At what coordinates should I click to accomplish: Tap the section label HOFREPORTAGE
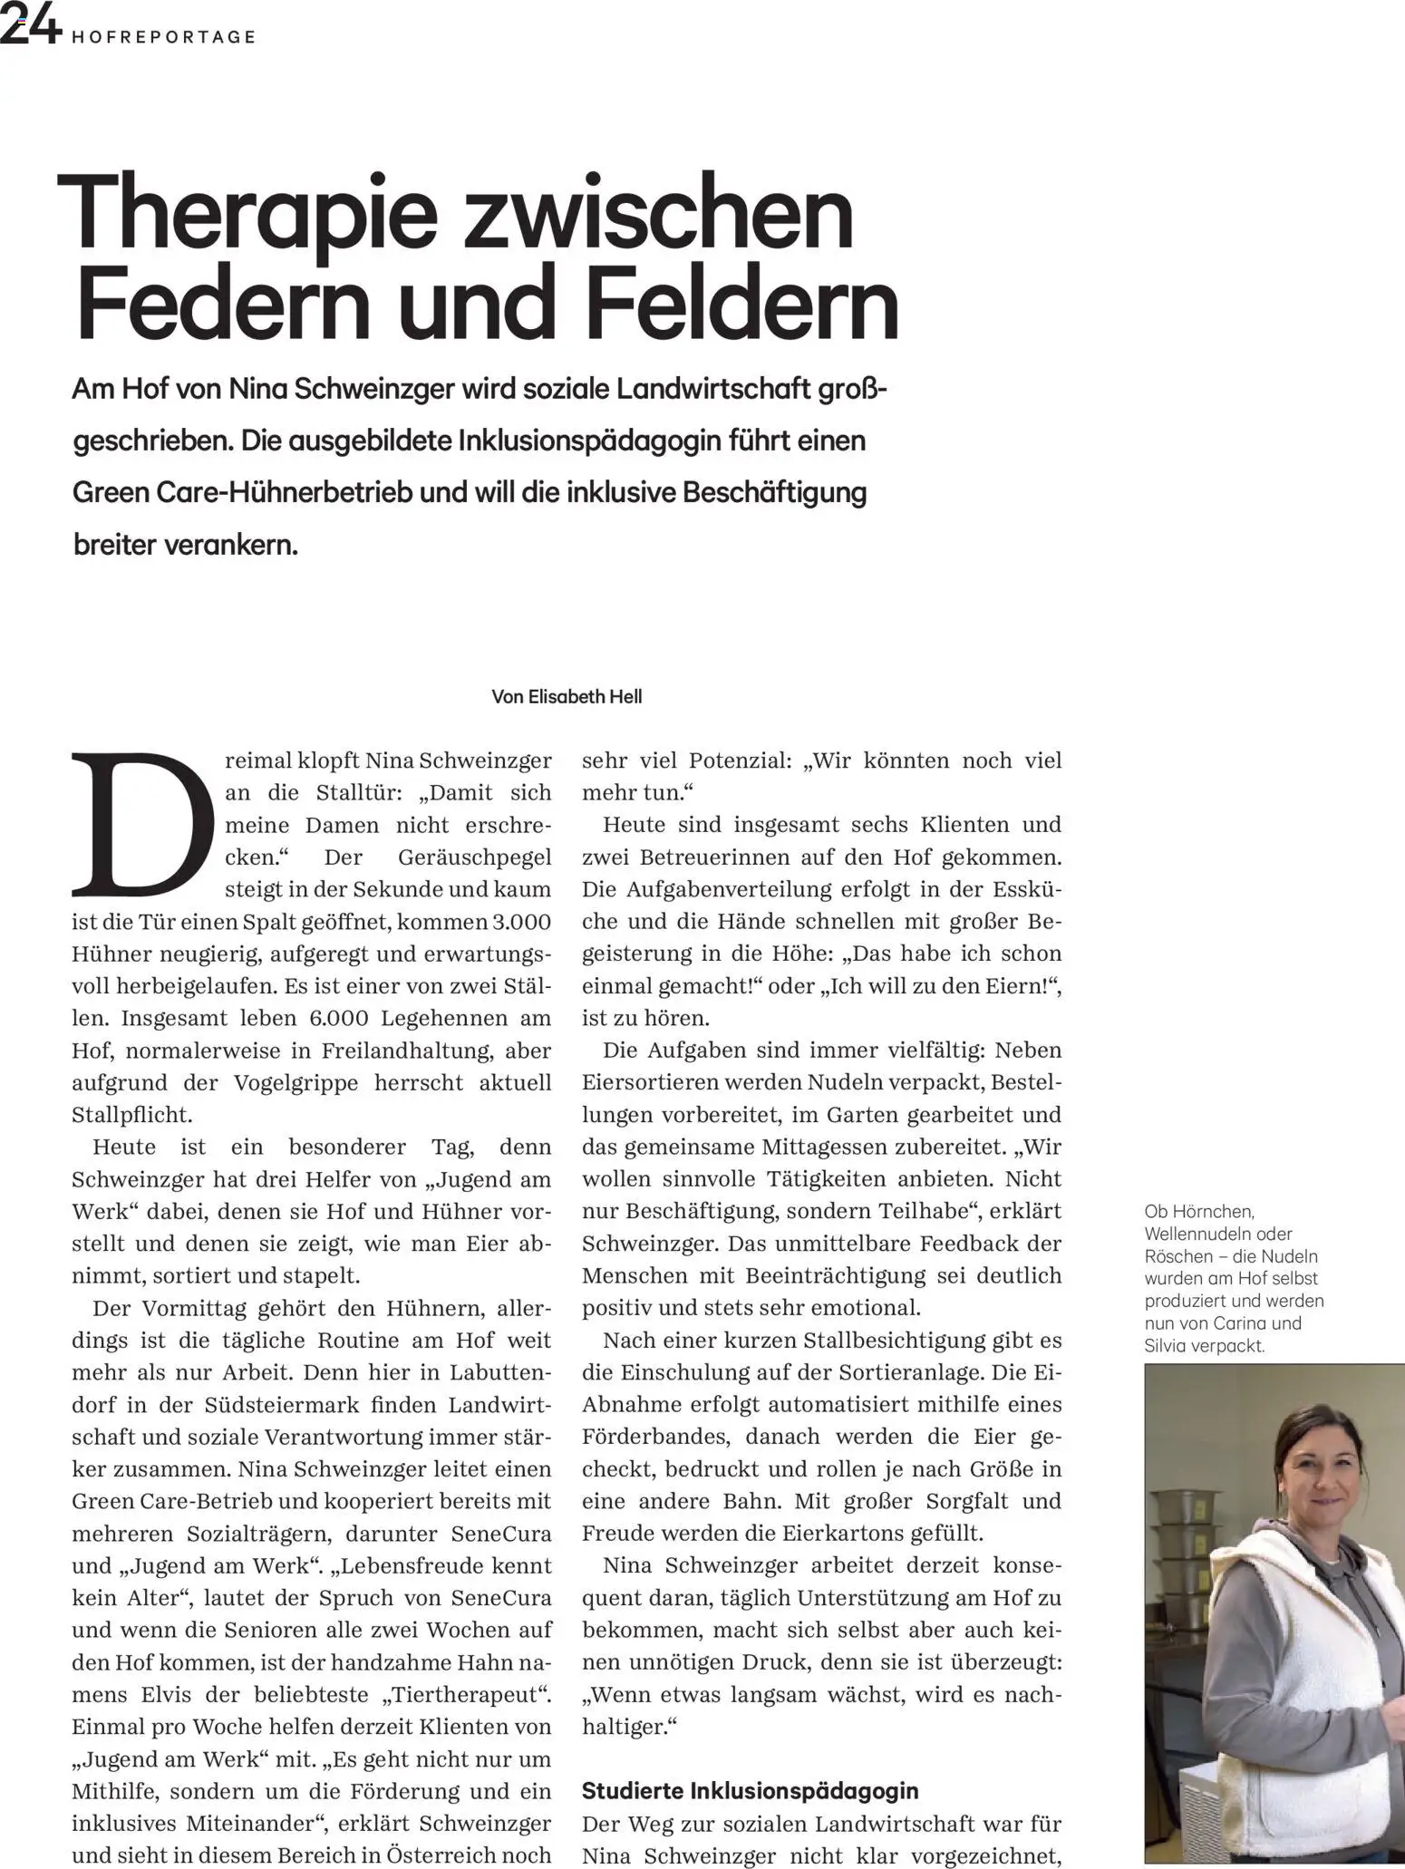[163, 37]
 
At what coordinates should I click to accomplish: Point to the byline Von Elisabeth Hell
[567, 697]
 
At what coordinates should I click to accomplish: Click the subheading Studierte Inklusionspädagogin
[750, 1791]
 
